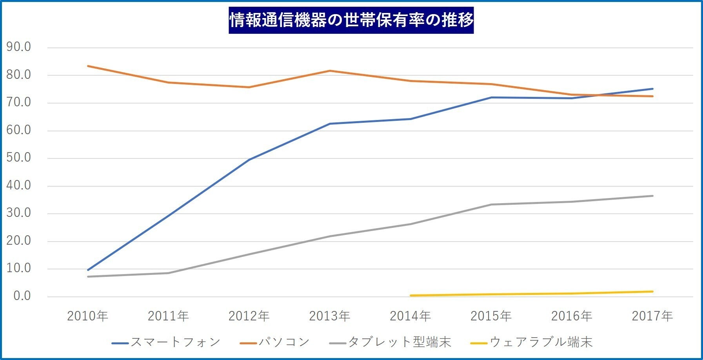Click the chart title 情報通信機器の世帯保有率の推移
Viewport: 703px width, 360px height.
pos(351,20)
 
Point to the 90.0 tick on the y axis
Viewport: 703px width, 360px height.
pos(18,47)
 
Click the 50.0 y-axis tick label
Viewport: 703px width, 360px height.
pos(18,158)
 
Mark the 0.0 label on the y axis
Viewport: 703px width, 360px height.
pos(22,296)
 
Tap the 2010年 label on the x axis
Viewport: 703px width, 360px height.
pos(87,316)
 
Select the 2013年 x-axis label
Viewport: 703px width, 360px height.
pos(329,316)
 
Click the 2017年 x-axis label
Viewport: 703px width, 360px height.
pos(652,316)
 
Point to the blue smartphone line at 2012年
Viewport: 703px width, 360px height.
pos(249,160)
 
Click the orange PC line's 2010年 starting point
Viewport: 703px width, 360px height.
pos(88,66)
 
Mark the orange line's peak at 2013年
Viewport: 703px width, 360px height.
pos(330,71)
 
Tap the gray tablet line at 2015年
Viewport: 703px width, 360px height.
pos(491,204)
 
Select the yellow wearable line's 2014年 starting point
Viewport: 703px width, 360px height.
pos(411,295)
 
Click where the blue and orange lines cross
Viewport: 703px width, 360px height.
pos(598,95)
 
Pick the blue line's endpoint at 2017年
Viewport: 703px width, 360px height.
pos(652,89)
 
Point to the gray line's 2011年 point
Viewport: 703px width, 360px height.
pos(169,273)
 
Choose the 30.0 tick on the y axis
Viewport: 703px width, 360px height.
pos(18,213)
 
